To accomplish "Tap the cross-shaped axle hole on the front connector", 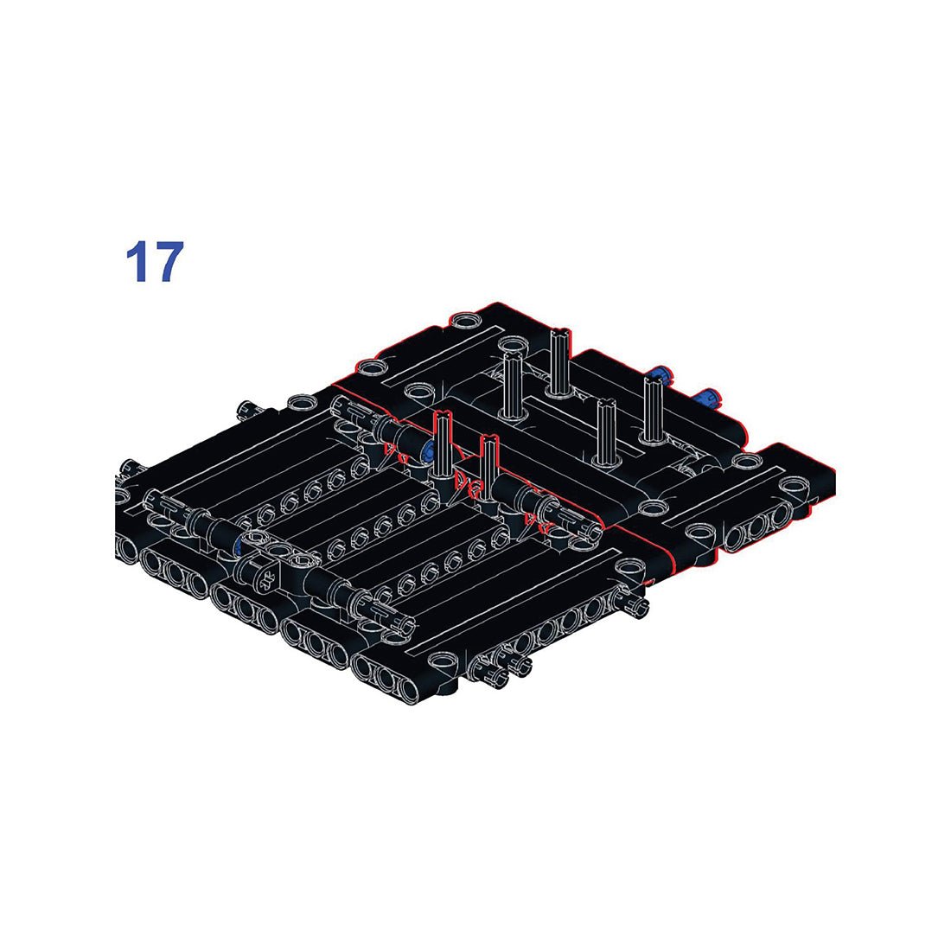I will coord(265,571).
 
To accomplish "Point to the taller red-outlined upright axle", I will coord(444,445).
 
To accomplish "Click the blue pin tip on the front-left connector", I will coord(236,546).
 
